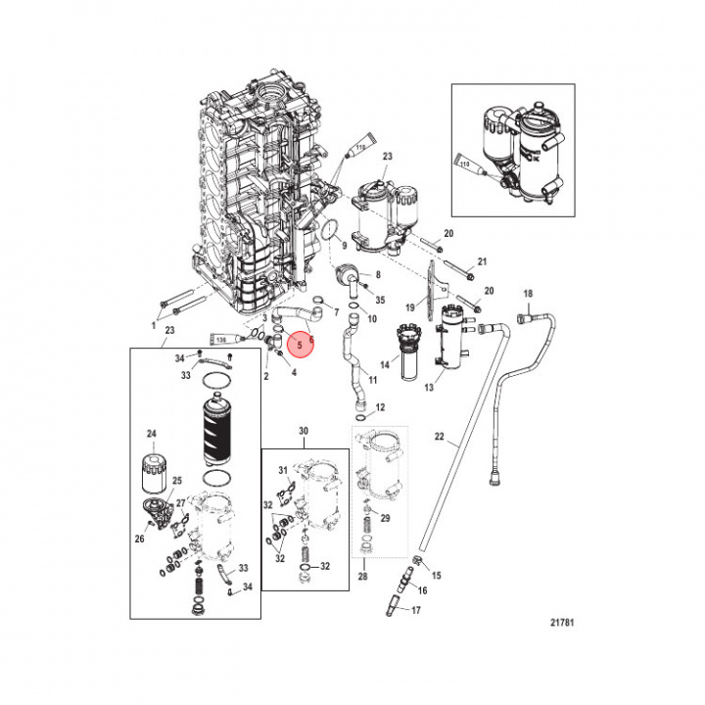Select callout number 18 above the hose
point(527,295)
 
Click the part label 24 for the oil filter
point(152,434)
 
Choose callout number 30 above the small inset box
point(303,432)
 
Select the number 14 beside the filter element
point(385,364)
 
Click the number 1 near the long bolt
point(154,323)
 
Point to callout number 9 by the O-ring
point(344,245)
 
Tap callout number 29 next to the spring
point(385,518)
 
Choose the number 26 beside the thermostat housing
point(140,538)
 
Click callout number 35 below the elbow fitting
point(380,300)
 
